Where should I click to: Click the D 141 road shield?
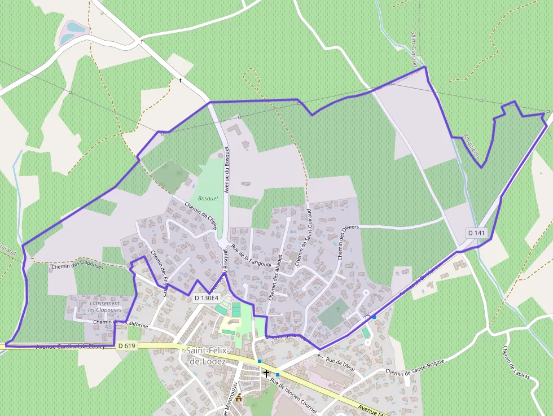pos(476,233)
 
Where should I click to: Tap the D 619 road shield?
pos(128,344)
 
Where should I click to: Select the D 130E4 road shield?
pos(206,297)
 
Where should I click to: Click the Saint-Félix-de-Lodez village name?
pos(206,356)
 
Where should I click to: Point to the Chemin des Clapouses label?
pos(77,266)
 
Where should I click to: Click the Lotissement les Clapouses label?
pos(105,306)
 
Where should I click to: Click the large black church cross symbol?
pos(266,373)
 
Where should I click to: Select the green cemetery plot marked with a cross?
pos(333,314)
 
